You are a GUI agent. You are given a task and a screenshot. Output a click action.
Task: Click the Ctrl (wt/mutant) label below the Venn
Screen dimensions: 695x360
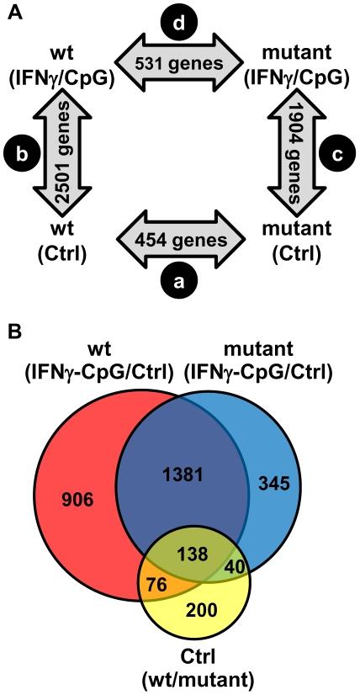click(x=199, y=672)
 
